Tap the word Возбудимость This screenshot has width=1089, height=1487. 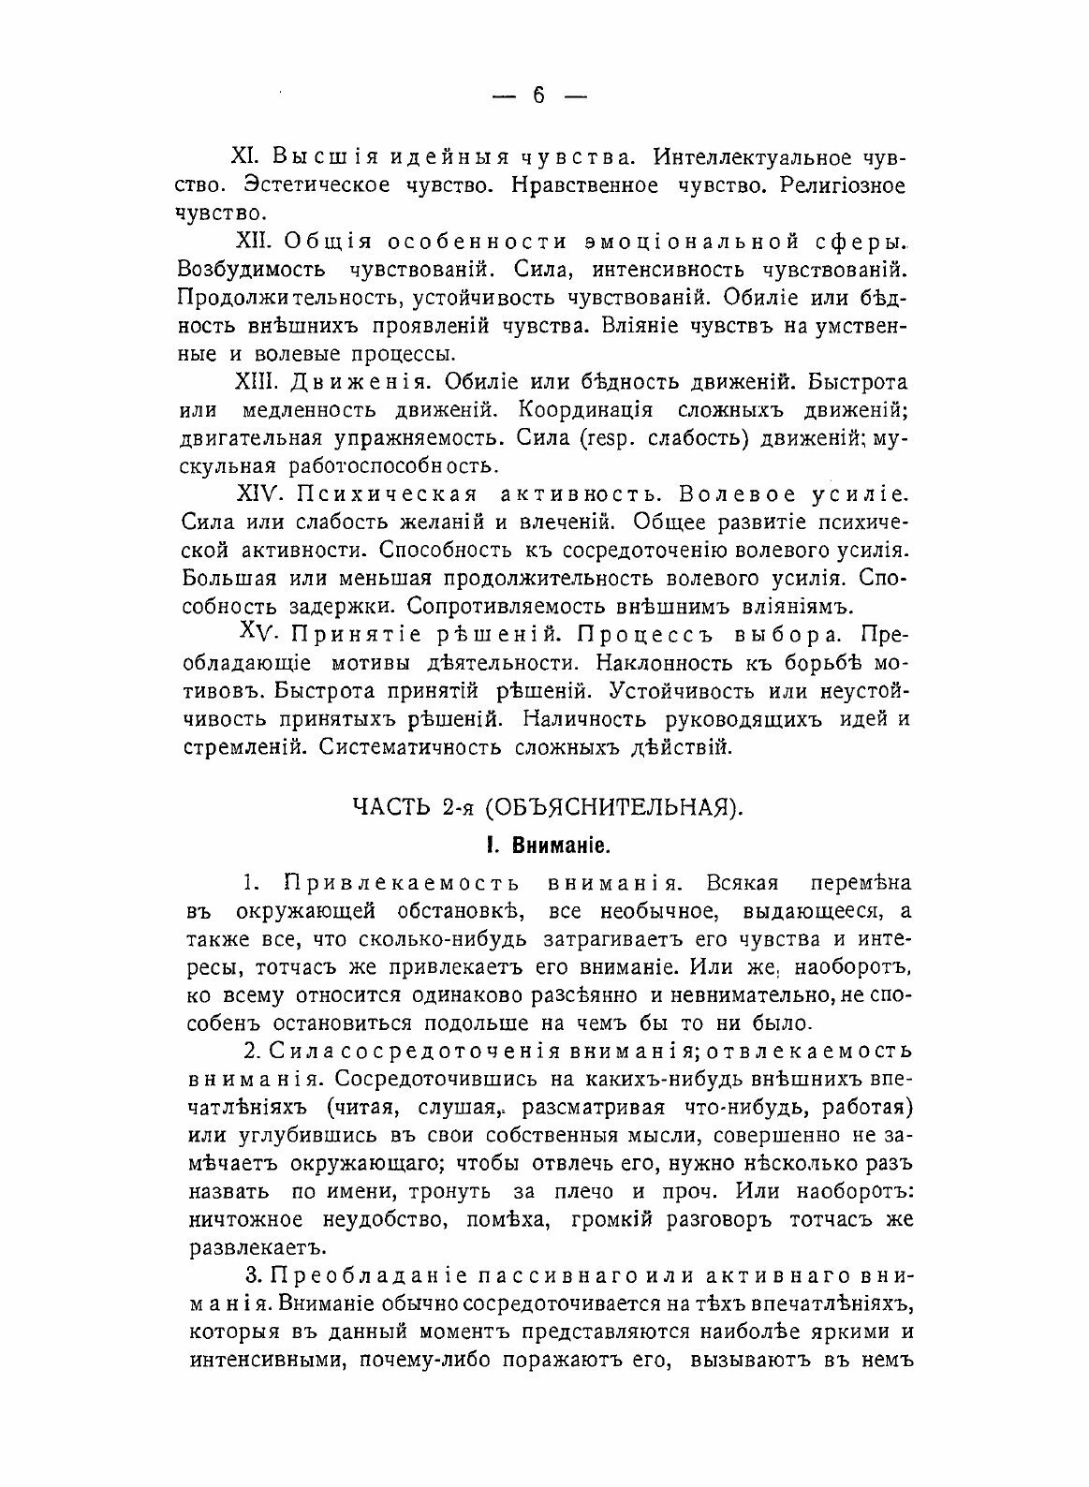250,270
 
